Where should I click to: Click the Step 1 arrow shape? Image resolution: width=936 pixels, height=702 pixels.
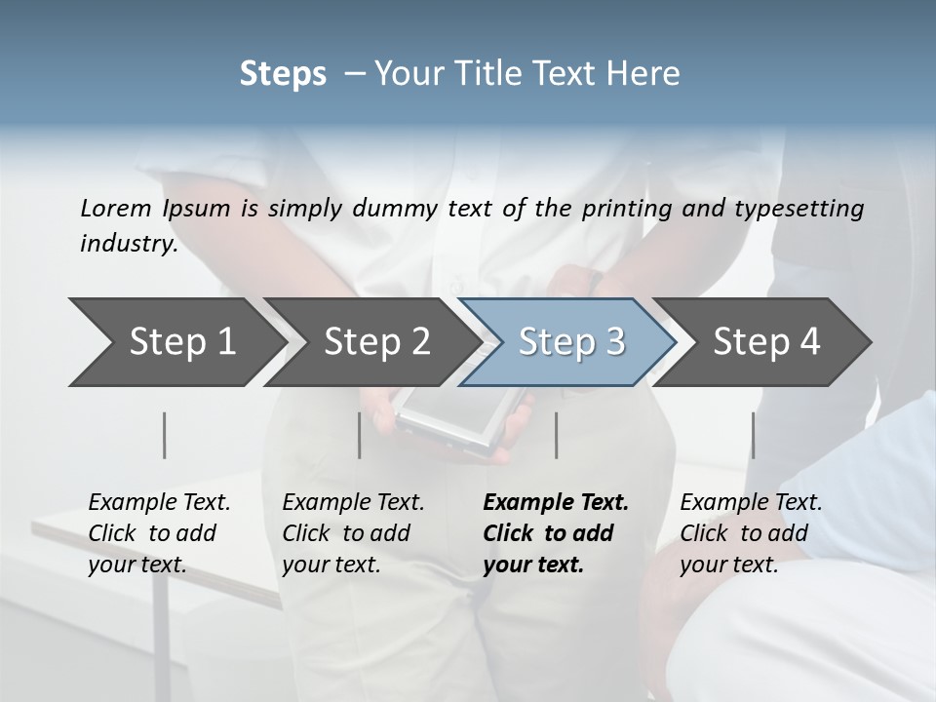(x=175, y=342)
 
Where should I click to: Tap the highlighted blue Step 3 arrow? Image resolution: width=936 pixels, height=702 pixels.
(x=570, y=342)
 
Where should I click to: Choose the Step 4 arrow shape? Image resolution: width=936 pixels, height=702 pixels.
(x=766, y=342)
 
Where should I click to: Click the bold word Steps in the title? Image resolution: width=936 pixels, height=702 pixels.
(x=283, y=74)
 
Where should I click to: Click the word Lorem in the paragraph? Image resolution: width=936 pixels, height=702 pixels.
(x=115, y=209)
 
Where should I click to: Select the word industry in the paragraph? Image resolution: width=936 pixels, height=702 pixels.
(x=129, y=244)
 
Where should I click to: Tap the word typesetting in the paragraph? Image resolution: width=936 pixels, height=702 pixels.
(x=805, y=209)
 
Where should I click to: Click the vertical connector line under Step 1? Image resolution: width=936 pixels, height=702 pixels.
(x=165, y=435)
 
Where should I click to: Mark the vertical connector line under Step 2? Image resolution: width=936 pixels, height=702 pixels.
(x=360, y=435)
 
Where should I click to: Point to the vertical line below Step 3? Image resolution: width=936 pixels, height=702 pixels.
(x=557, y=435)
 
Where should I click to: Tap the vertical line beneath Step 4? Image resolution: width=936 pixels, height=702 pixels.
(x=754, y=435)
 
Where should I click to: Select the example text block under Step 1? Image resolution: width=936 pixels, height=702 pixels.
(x=159, y=533)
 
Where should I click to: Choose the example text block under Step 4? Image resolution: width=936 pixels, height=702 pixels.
(x=751, y=533)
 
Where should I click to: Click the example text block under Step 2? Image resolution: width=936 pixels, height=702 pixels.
(x=353, y=533)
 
